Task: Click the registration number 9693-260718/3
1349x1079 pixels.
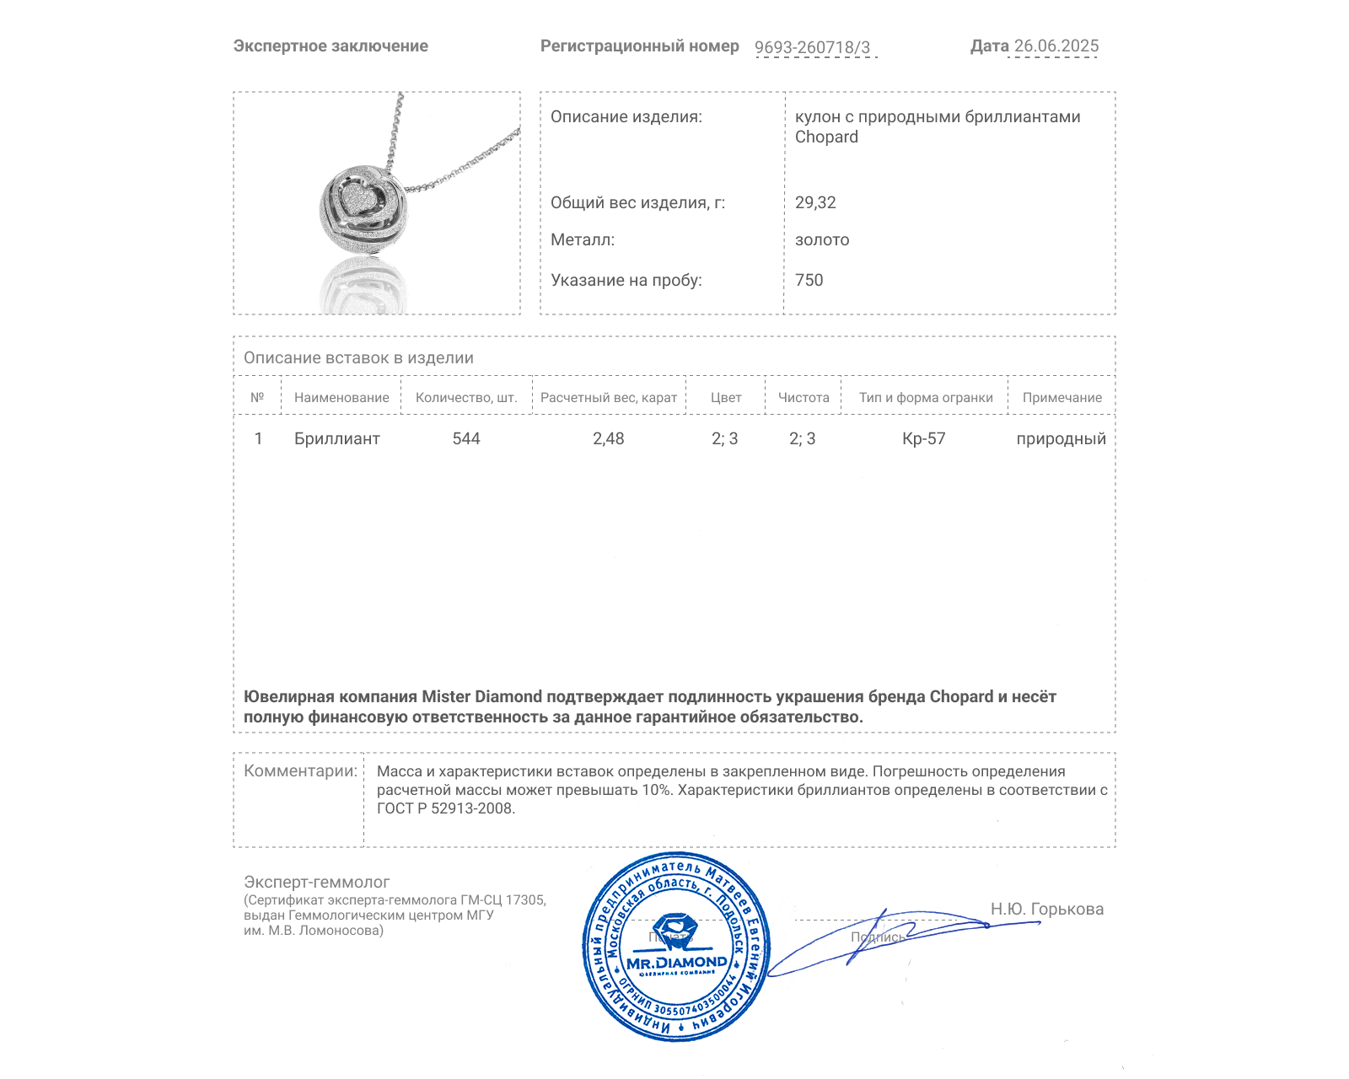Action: pos(812,47)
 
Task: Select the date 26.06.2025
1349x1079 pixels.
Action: pos(1056,46)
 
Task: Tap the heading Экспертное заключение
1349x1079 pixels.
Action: pos(331,46)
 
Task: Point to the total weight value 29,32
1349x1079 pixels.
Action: pos(815,203)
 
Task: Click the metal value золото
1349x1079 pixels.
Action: pos(822,240)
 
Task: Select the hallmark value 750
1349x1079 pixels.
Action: pos(809,281)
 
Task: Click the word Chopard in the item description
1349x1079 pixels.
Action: pos(826,137)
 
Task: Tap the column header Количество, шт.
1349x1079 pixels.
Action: pos(466,398)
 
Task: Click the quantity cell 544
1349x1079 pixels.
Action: pos(466,439)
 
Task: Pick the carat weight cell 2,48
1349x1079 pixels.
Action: pos(608,439)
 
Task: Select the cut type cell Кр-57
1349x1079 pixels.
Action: pos(924,439)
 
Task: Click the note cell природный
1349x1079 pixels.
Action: pos(1061,439)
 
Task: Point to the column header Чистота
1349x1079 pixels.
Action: pos(803,398)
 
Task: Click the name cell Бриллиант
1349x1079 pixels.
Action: pos(336,439)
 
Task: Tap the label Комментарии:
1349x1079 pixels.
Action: pos(300,771)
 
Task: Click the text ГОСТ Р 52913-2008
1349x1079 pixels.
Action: pos(444,809)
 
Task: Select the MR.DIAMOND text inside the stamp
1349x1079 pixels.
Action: pos(676,963)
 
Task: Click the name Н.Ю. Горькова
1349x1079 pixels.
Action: pos(1046,910)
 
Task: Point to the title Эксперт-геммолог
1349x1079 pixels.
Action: pos(316,883)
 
